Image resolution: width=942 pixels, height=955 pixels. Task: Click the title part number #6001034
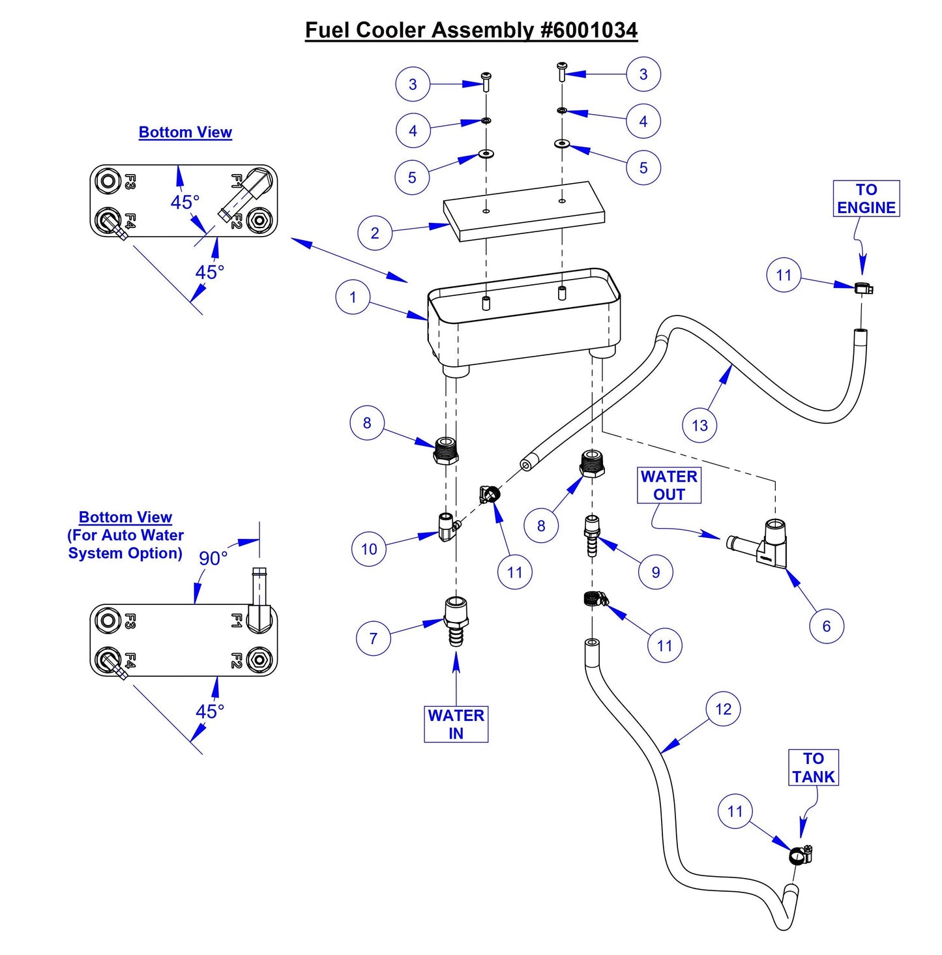click(x=589, y=30)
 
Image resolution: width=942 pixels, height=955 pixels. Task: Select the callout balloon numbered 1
click(x=353, y=297)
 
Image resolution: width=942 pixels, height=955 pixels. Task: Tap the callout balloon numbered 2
click(x=375, y=233)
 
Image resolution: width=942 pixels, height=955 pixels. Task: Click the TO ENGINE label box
click(x=866, y=199)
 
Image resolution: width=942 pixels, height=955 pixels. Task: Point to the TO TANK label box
click(x=813, y=768)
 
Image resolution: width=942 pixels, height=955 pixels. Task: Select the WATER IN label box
click(x=456, y=724)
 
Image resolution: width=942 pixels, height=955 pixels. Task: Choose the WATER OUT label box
click(x=669, y=486)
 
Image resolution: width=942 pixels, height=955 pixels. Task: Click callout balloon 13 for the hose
click(x=699, y=426)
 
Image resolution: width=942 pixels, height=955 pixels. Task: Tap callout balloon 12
click(x=723, y=709)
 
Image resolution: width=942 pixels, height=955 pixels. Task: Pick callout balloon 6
click(x=826, y=626)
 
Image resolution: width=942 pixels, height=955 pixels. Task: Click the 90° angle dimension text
click(x=213, y=559)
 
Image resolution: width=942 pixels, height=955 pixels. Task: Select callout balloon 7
click(x=373, y=638)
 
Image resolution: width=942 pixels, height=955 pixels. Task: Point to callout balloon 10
click(x=369, y=549)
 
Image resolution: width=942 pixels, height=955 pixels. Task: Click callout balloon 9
click(x=656, y=572)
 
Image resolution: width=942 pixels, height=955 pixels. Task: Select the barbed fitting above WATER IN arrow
click(x=456, y=621)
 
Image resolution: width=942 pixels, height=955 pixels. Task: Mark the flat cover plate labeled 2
click(x=524, y=211)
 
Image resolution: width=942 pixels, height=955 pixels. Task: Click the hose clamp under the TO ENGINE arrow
click(x=863, y=287)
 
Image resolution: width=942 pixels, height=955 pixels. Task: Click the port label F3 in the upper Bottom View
click(x=130, y=181)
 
